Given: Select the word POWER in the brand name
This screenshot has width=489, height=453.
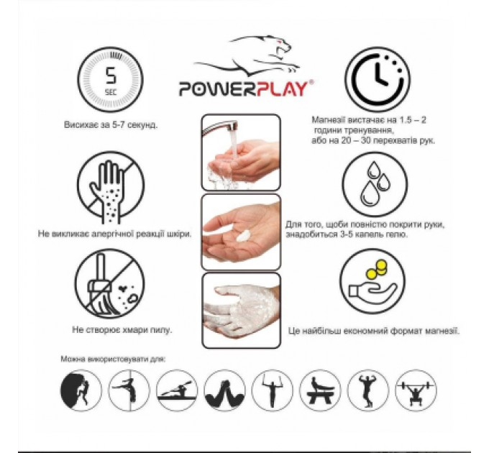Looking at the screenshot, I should pos(211,88).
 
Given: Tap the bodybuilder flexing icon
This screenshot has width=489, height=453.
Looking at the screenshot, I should pos(368,390).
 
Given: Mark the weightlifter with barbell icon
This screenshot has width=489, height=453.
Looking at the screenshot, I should pos(416,390).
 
